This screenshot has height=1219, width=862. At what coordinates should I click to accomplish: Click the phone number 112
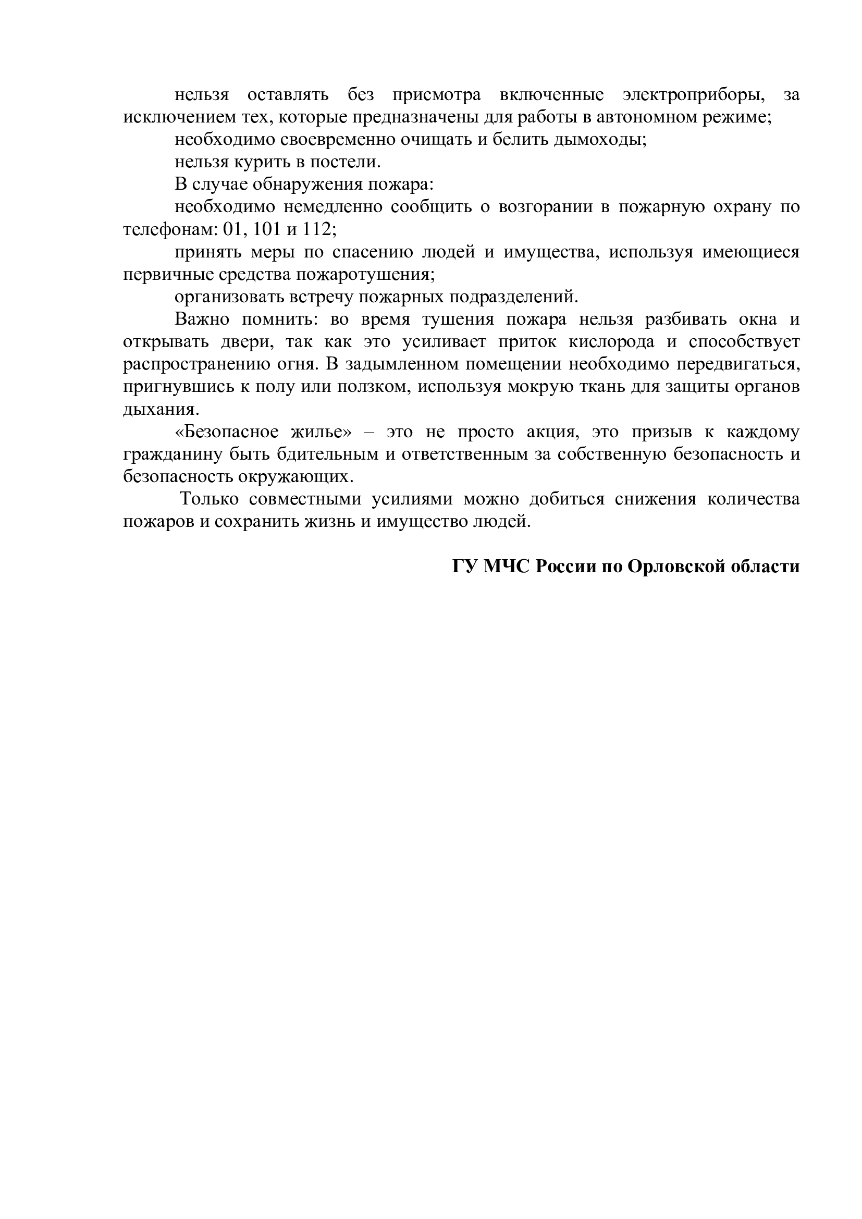[x=319, y=229]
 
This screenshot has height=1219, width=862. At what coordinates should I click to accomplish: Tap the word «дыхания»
[x=162, y=410]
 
